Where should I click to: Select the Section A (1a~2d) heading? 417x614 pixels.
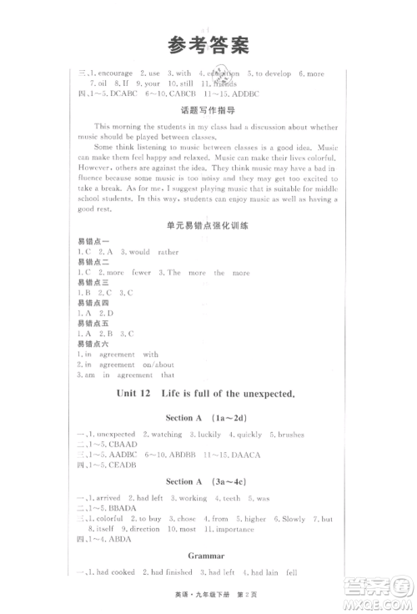tap(207, 422)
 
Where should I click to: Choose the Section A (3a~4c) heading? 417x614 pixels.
tap(207, 481)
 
